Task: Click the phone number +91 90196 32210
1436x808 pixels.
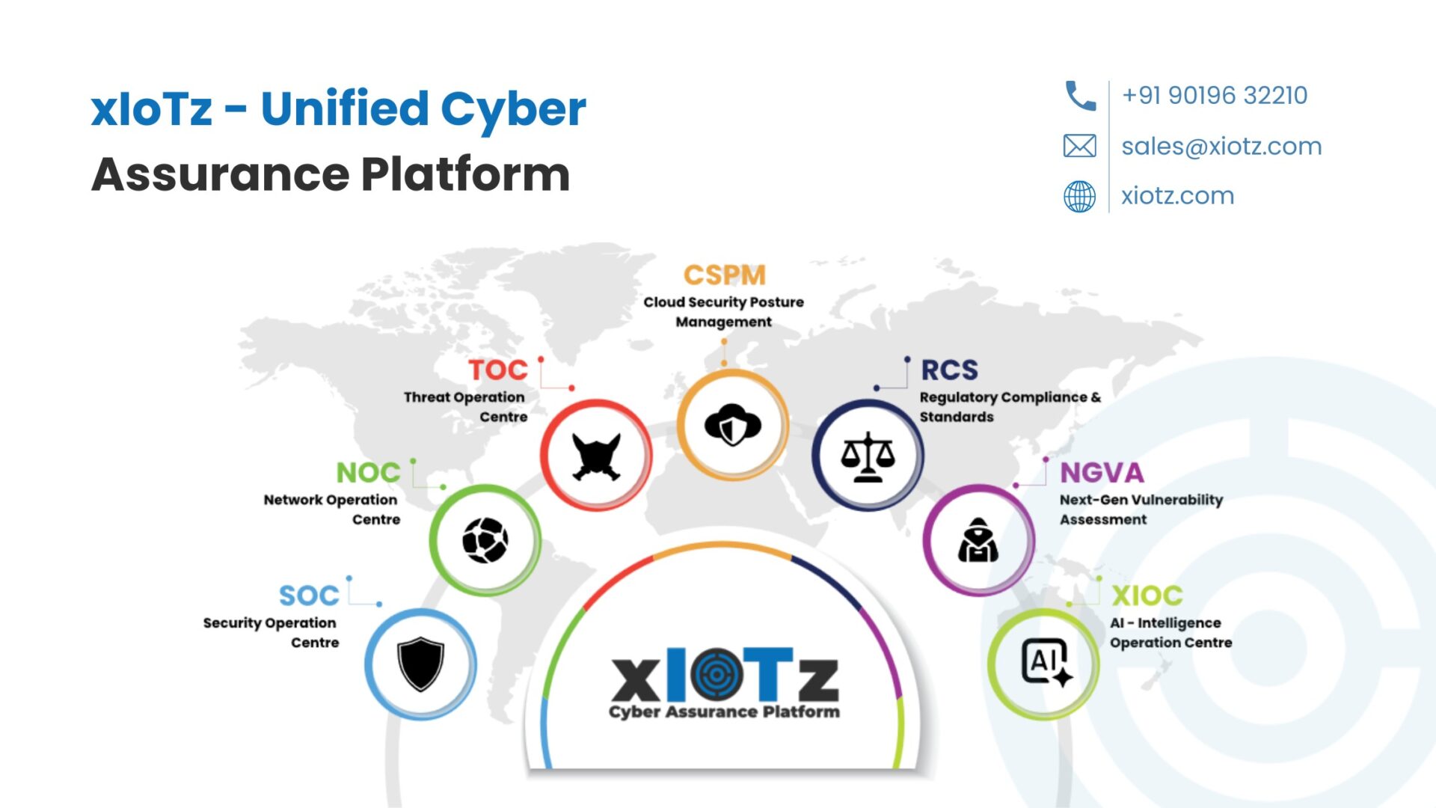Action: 1214,96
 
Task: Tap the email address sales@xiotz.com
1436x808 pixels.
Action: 1221,146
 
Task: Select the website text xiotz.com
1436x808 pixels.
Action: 1177,196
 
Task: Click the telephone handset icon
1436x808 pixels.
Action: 1080,96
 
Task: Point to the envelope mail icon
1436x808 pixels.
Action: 1079,146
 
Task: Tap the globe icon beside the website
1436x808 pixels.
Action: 1079,197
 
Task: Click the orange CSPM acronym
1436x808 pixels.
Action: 724,275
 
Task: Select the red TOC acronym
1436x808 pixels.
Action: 498,370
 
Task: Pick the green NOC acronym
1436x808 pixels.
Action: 368,473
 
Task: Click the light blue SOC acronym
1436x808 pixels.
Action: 309,596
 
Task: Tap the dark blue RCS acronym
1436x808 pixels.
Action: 949,370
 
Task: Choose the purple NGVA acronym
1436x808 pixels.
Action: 1102,473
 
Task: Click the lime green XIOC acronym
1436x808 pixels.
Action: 1147,596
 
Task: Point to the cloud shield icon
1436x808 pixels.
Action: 733,424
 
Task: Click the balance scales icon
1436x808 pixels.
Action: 868,456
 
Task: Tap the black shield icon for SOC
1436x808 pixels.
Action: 420,664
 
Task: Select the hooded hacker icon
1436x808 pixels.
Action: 978,539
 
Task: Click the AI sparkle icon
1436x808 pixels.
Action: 1046,663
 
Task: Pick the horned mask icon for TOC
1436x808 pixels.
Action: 596,456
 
